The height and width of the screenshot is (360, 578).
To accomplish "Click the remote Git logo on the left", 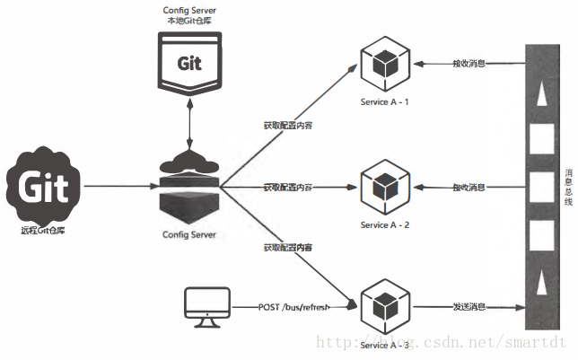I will click(x=44, y=188).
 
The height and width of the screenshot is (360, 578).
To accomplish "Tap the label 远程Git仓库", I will click(x=44, y=230).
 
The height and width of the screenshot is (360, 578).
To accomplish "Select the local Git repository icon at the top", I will click(x=189, y=64).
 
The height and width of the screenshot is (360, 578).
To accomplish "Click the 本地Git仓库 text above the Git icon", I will click(x=189, y=21).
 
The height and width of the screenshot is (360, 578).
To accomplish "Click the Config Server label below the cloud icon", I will click(x=189, y=234).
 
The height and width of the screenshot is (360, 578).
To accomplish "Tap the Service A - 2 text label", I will click(x=384, y=224).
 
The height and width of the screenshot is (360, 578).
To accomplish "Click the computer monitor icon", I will click(x=206, y=308).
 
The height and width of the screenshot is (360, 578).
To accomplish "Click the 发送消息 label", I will click(x=469, y=308).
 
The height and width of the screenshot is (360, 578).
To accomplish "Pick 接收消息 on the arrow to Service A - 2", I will click(x=469, y=187).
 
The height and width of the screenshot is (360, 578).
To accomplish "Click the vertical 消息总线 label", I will click(x=567, y=188).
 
